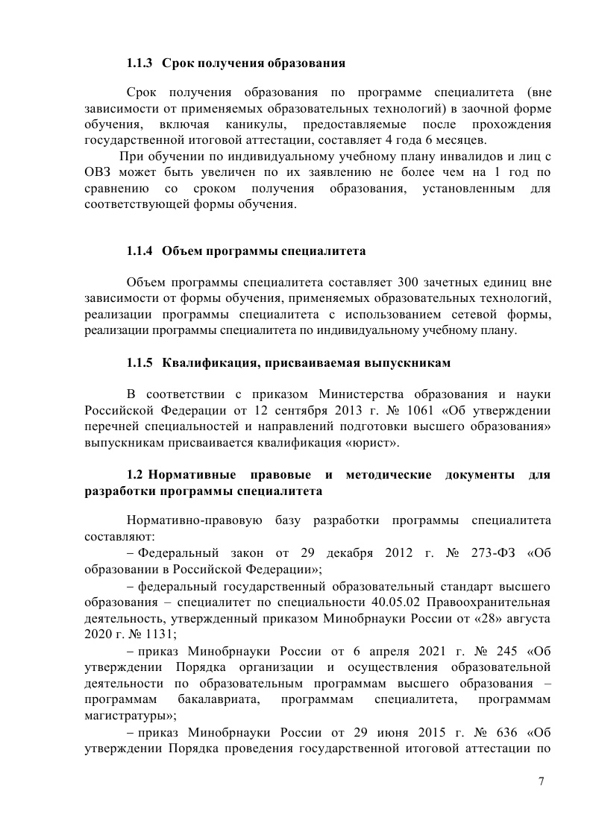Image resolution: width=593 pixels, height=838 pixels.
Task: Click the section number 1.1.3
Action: [139, 63]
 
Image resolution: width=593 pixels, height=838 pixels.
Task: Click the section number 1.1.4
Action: [139, 251]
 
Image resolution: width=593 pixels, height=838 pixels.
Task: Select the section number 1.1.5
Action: [139, 363]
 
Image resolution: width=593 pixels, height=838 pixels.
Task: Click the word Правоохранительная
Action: [491, 602]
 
